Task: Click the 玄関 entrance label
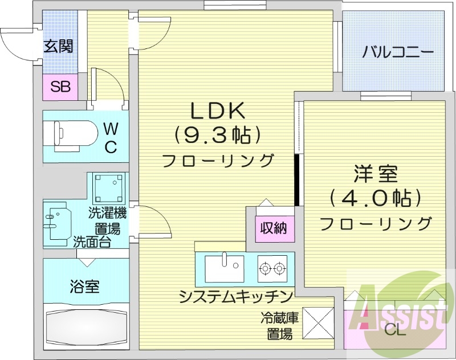(59, 46)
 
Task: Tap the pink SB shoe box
(60, 87)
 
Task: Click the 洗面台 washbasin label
(91, 241)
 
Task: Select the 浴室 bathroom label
(84, 286)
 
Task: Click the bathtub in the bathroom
(85, 327)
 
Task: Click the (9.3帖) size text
(217, 135)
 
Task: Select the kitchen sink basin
(224, 267)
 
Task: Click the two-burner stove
(272, 267)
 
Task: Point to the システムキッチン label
(235, 297)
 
